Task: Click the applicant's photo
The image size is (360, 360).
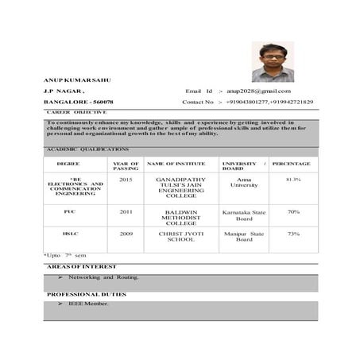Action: [273, 61]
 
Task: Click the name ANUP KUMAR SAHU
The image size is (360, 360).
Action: [76, 80]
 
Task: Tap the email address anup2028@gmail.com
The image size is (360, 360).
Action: [258, 91]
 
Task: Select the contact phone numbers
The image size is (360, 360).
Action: [269, 103]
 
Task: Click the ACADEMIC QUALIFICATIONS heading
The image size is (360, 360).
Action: [87, 149]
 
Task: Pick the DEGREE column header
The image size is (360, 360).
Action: [68, 164]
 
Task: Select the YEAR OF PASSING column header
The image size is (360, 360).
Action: [126, 166]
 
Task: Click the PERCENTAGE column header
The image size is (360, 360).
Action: [291, 164]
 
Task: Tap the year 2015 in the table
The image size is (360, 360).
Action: [126, 180]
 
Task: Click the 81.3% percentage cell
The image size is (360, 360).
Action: [293, 180]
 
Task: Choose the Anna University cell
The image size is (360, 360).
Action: [244, 183]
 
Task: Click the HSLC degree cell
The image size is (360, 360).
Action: [70, 234]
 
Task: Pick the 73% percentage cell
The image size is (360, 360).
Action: [293, 234]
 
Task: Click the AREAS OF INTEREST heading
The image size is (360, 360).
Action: [81, 267]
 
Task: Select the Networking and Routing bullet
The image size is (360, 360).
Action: [103, 277]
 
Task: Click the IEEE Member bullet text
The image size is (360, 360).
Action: [89, 304]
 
